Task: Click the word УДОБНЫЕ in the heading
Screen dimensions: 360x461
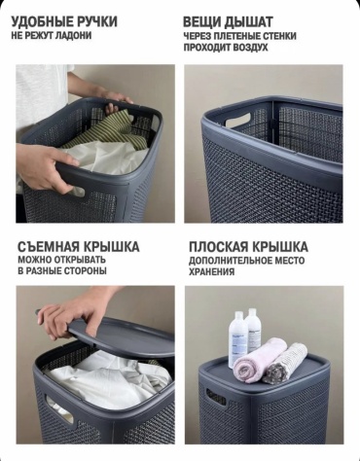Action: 42,21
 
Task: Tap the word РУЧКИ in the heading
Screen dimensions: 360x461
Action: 96,21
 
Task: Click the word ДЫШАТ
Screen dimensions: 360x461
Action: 249,22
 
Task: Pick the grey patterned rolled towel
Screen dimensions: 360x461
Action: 285,364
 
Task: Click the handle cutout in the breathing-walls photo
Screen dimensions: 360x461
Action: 238,120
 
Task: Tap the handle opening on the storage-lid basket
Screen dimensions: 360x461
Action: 216,397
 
